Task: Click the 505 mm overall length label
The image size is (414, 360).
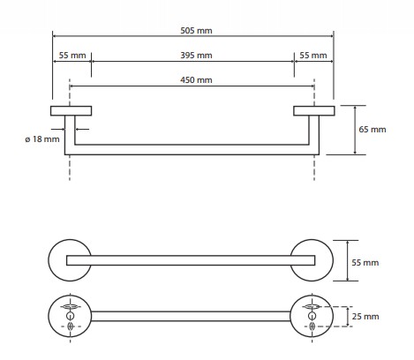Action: pos(196,30)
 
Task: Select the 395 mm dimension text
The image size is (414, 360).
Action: pos(196,56)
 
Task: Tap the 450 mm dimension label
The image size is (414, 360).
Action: pos(196,80)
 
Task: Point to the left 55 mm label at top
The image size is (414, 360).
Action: pos(72,56)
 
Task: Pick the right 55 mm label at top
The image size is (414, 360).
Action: pos(313,56)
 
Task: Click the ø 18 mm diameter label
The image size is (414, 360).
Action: pos(42,139)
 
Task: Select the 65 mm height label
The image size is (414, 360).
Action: pos(373,130)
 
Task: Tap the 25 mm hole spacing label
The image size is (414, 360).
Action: pos(365,317)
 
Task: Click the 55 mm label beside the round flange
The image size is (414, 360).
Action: pos(365,262)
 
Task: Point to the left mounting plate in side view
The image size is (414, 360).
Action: pos(71,111)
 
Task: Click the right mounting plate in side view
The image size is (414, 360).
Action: pos(314,111)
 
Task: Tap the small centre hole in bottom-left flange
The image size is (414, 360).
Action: pos(70,316)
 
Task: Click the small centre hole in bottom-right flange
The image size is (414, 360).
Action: pos(312,316)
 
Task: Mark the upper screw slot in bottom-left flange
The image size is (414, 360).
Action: pos(70,307)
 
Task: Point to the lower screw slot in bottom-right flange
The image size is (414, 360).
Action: pos(312,326)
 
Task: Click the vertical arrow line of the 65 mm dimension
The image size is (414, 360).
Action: pos(355,130)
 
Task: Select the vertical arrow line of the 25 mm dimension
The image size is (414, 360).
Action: pos(348,317)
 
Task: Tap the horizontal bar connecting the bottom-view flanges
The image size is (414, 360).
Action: pos(191,316)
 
